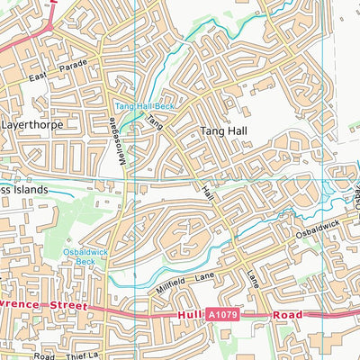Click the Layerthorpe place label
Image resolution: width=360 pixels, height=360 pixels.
[32, 125]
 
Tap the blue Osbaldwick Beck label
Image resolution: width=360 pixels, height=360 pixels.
[85, 256]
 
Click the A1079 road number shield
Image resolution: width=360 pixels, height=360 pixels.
[221, 316]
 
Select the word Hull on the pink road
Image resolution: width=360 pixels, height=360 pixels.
[186, 315]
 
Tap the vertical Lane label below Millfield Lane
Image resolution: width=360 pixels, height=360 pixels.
[253, 279]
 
